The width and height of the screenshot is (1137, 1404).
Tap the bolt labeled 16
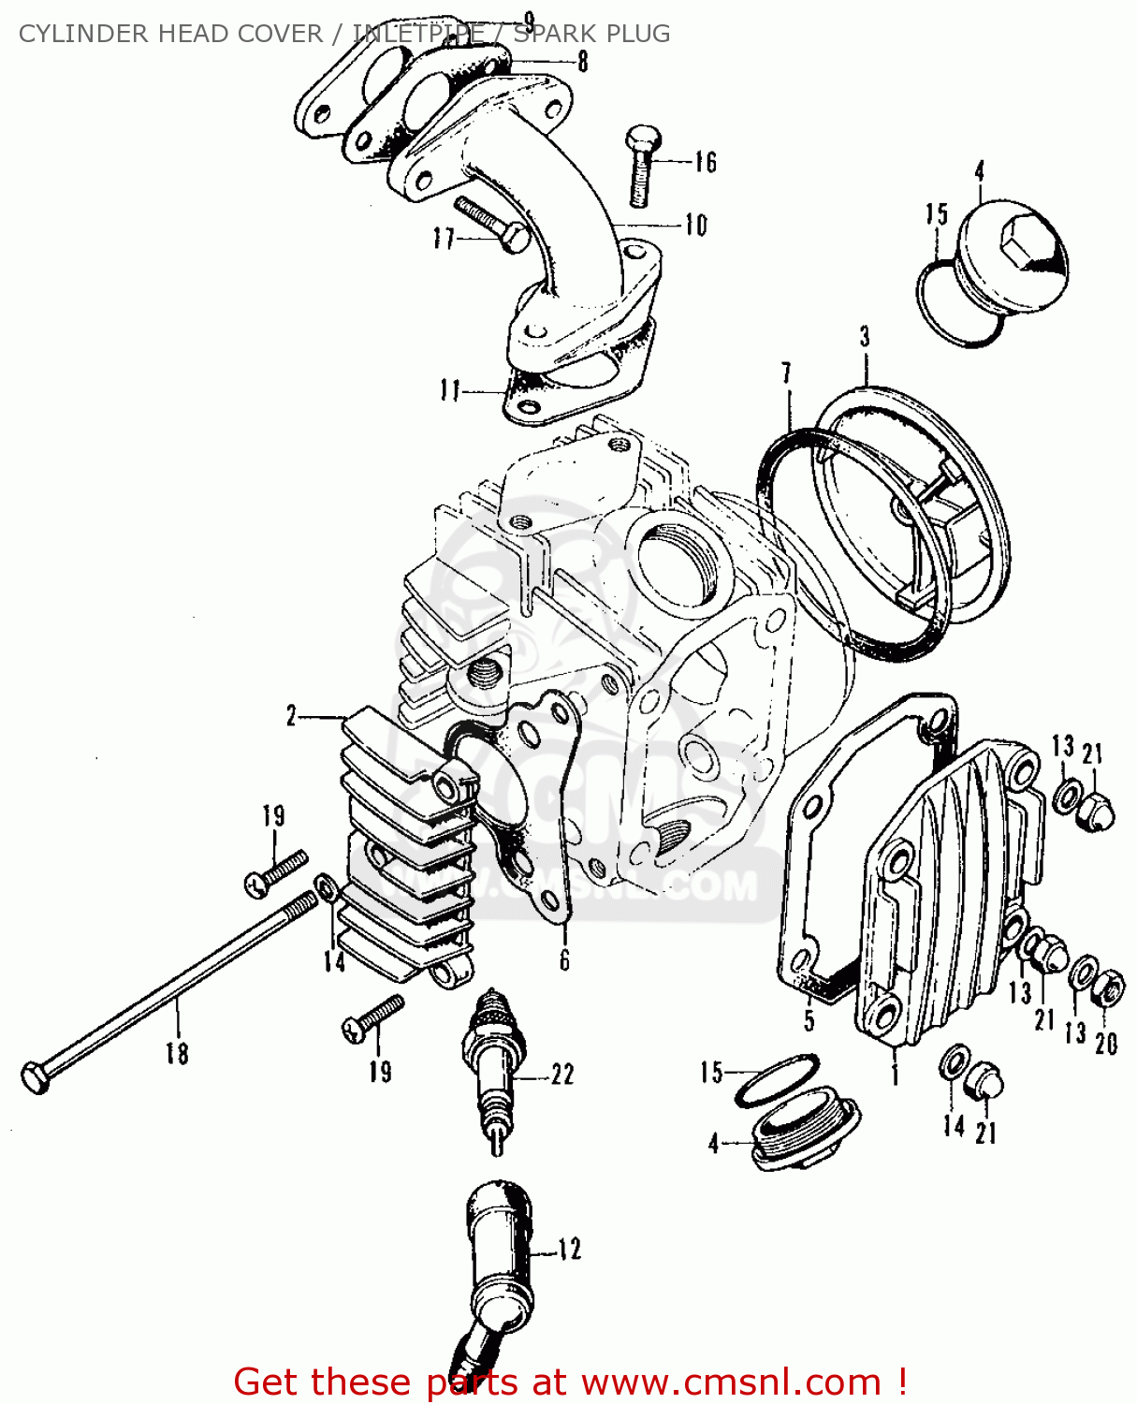click(x=641, y=166)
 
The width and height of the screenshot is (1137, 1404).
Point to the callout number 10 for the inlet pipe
click(x=695, y=226)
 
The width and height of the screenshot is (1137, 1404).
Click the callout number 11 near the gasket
click(x=451, y=390)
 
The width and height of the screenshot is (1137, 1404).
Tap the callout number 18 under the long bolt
click(x=177, y=1053)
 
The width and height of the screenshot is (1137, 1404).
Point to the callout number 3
click(x=865, y=337)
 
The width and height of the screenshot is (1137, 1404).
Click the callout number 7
click(x=786, y=373)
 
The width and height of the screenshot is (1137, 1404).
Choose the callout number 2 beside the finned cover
click(x=291, y=717)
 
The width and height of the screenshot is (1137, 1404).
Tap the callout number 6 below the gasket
click(x=564, y=960)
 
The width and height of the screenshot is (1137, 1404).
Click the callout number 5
click(x=809, y=1019)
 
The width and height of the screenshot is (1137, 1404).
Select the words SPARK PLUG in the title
click(x=591, y=34)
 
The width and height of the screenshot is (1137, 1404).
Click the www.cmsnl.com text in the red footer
click(x=731, y=1382)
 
